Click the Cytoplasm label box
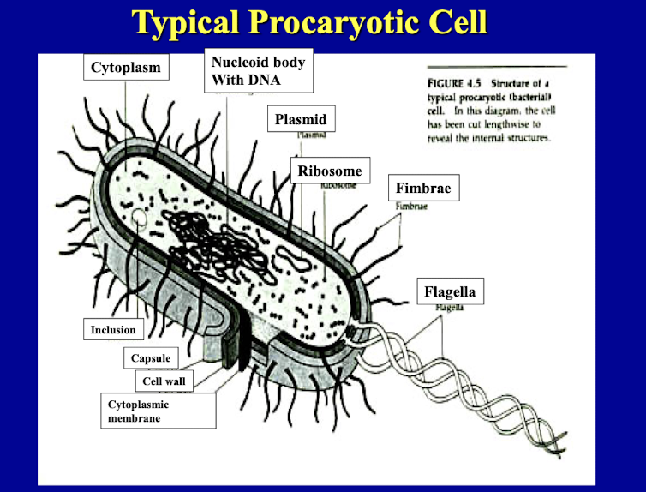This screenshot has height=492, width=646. [126, 68]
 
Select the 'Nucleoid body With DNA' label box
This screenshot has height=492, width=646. [258, 71]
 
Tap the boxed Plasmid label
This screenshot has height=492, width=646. [301, 119]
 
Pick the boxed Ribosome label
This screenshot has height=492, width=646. [330, 171]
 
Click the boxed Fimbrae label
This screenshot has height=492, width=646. [423, 188]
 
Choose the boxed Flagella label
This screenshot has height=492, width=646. [449, 291]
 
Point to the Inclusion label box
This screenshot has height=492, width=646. [113, 330]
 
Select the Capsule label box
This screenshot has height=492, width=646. [151, 357]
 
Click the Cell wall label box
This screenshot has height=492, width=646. [164, 381]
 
